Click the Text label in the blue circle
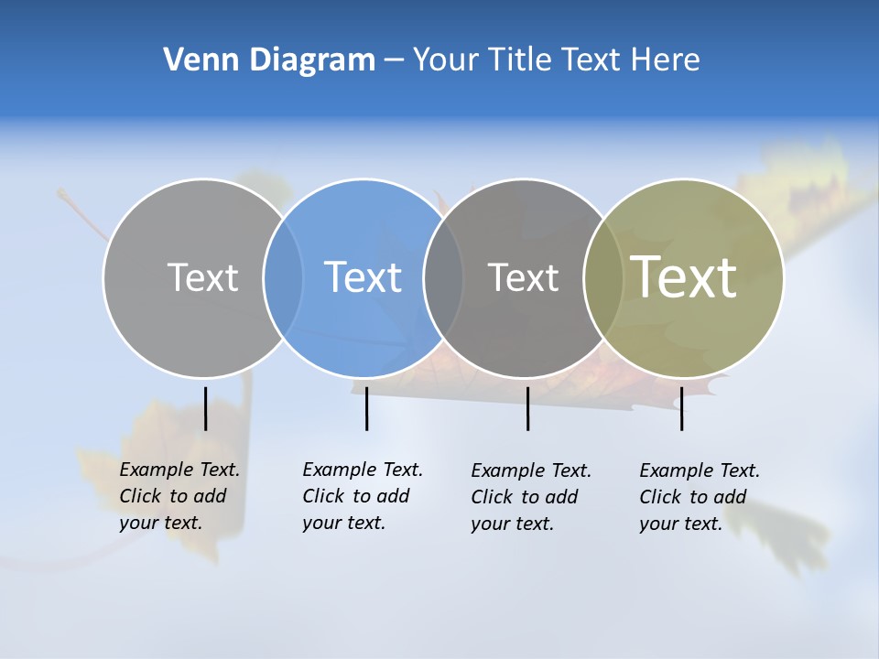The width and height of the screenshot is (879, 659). (364, 277)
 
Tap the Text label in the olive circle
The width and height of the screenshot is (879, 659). (684, 276)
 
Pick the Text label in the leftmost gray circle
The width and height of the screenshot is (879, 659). (202, 277)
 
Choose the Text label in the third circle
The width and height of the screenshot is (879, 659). (523, 277)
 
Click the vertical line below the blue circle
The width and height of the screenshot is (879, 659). (366, 408)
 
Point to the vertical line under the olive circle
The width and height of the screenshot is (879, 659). (681, 408)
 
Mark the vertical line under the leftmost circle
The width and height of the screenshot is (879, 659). (205, 408)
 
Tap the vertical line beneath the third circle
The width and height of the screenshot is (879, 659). (527, 408)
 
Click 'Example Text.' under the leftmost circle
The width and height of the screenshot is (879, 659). (179, 470)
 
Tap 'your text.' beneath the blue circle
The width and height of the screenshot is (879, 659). (344, 523)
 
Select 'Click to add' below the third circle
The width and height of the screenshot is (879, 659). (525, 497)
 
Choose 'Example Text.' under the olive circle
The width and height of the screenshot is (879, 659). (700, 470)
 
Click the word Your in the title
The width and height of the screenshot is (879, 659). (446, 60)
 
